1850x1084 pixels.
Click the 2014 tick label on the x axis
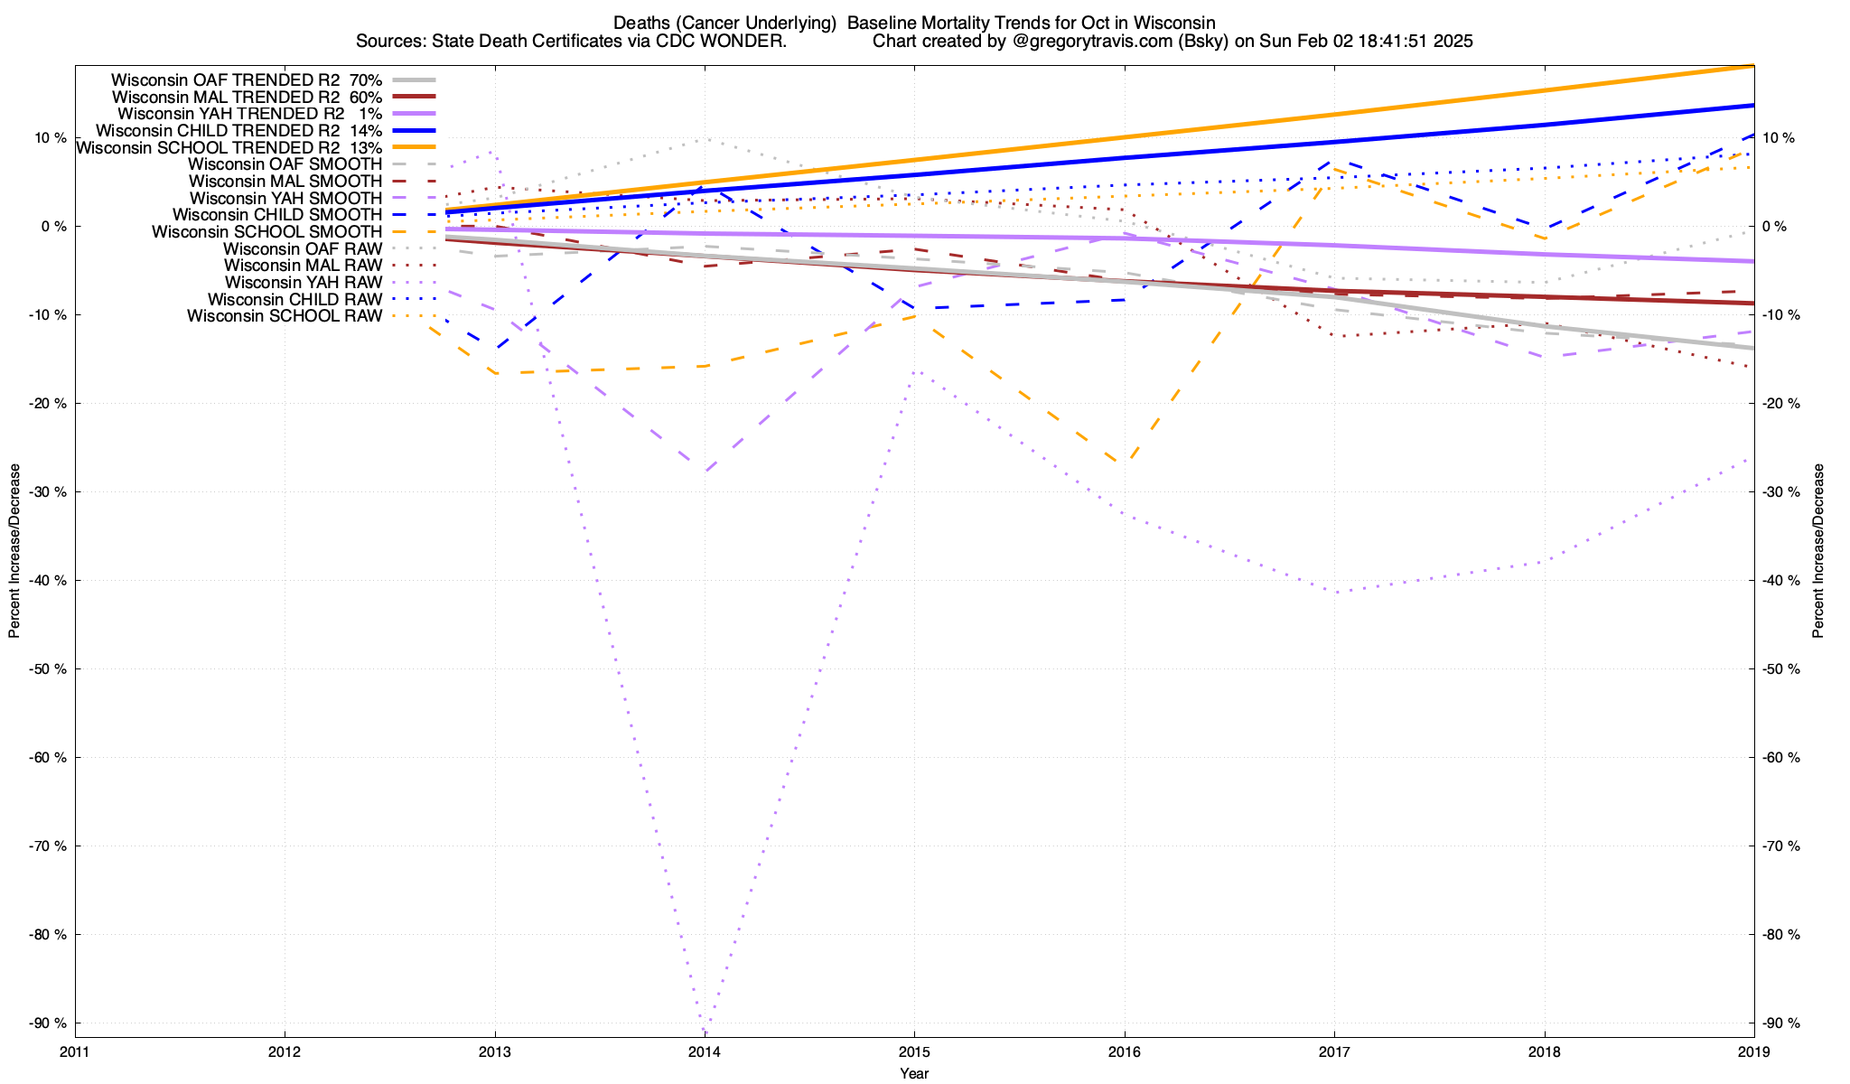pyautogui.click(x=704, y=1051)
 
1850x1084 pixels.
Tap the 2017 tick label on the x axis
pyautogui.click(x=1333, y=1051)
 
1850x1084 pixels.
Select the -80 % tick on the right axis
pyautogui.click(x=1780, y=934)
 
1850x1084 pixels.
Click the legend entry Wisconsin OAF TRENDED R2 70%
pyautogui.click(x=247, y=80)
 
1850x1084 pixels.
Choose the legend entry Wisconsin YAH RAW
pyautogui.click(x=304, y=283)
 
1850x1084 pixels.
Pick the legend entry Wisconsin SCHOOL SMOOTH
pyautogui.click(x=266, y=232)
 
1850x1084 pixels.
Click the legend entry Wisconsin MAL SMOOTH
pyautogui.click(x=285, y=182)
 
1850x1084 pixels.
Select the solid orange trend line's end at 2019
pyautogui.click(x=1753, y=66)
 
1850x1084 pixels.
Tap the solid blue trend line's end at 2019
pyautogui.click(x=1753, y=106)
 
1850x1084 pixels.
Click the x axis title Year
pyautogui.click(x=914, y=1073)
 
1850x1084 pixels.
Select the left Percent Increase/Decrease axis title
pyautogui.click(x=14, y=551)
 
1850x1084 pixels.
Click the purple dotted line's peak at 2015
pyautogui.click(x=914, y=371)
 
